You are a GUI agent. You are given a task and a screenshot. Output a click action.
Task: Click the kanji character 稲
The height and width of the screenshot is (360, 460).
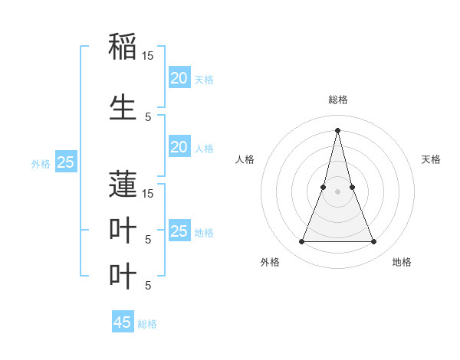point(123,45)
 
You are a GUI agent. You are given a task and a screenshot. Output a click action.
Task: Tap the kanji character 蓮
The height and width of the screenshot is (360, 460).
point(123,183)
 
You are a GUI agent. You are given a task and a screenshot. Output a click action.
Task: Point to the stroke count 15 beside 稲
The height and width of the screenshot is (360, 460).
point(148,56)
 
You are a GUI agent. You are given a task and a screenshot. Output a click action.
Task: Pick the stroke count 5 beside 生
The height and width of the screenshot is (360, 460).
point(148,116)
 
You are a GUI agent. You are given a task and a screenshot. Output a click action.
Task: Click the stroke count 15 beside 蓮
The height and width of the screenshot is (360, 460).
point(148,193)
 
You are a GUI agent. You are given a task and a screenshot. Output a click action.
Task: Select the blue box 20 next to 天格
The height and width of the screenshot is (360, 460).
point(179,77)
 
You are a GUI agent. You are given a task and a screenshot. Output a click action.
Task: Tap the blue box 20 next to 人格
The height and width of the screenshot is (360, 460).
point(179,147)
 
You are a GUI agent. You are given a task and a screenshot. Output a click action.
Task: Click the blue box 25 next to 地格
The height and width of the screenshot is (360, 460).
point(179,231)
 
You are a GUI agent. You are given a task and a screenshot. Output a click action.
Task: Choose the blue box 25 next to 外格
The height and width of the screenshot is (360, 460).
point(66,162)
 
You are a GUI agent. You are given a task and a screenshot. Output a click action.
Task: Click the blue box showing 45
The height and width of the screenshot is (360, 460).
point(123,322)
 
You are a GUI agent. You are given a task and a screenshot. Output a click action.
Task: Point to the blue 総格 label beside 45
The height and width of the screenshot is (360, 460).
point(147,324)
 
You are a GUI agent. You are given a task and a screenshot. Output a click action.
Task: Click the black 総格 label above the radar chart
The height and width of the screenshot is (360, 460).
point(337,100)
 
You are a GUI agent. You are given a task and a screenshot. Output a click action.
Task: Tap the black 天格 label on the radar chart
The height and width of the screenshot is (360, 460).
point(431,159)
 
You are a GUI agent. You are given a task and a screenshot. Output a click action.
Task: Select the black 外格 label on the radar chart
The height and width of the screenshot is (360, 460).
point(270,262)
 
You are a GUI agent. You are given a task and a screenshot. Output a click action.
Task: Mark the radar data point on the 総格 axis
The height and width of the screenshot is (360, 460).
point(337,130)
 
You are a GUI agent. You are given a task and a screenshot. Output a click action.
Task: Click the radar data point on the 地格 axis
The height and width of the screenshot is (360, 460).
point(374,242)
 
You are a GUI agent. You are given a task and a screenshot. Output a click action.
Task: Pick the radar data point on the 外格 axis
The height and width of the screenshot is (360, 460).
point(301,242)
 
